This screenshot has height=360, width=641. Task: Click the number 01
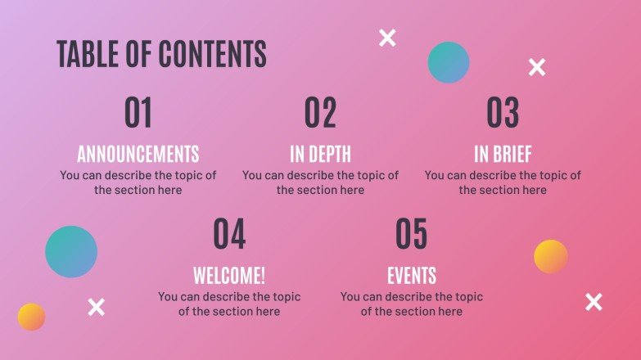click(138, 113)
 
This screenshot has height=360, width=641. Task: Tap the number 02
click(321, 113)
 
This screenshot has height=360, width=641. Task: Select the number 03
click(503, 113)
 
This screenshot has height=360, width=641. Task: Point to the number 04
click(229, 234)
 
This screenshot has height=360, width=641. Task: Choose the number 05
click(411, 234)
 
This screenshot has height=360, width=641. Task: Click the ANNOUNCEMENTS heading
click(138, 154)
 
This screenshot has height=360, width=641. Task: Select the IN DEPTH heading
click(320, 154)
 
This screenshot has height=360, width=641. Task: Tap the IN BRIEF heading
click(503, 154)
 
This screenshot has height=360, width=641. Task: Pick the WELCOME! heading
click(229, 275)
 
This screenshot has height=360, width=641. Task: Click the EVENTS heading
click(411, 275)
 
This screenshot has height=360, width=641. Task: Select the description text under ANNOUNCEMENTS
click(138, 182)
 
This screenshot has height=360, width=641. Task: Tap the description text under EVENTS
click(411, 304)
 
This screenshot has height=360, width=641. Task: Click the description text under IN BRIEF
click(503, 182)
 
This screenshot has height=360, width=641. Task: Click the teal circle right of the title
click(449, 62)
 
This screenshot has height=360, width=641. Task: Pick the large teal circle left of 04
click(71, 251)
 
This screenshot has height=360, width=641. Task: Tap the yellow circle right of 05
click(551, 256)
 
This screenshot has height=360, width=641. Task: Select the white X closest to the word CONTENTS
click(387, 37)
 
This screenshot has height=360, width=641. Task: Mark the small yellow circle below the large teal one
click(31, 317)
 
